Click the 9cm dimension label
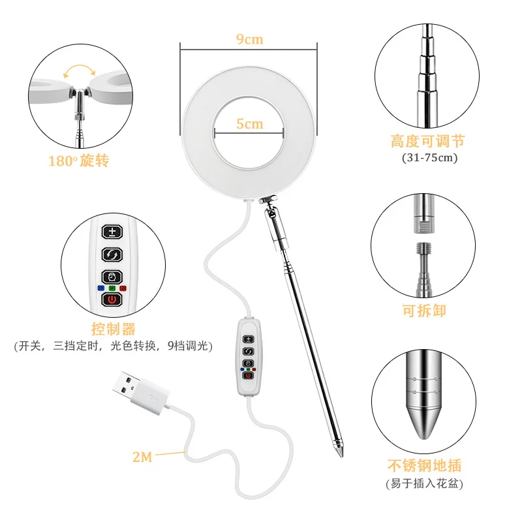250,39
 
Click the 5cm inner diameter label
250,124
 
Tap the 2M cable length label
142,457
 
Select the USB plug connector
139,391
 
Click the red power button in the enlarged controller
112,299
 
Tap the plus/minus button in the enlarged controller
112,232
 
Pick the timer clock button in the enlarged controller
112,277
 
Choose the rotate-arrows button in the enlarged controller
112,254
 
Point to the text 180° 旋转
79,161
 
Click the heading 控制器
114,330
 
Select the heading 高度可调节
428,142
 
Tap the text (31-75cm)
430,157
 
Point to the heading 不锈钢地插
425,465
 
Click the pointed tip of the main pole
342,456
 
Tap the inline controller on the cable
249,357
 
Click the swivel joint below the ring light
268,200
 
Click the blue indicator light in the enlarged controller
101,288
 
